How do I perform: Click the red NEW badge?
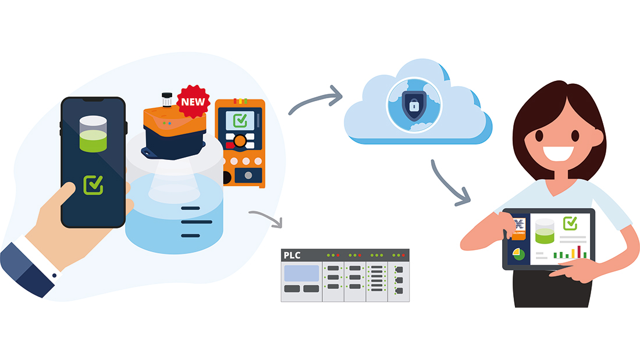(193, 101)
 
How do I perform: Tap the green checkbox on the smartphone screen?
(93, 185)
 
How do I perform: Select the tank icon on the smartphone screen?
(93, 134)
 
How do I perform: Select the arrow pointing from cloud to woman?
(451, 183)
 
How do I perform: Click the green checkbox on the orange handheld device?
(240, 120)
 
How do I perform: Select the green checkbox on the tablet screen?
(570, 223)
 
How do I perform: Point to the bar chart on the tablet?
(570, 252)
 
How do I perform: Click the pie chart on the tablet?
(518, 254)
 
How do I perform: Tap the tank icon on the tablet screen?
(545, 231)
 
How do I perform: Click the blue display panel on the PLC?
(301, 273)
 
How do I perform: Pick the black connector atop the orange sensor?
(167, 99)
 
